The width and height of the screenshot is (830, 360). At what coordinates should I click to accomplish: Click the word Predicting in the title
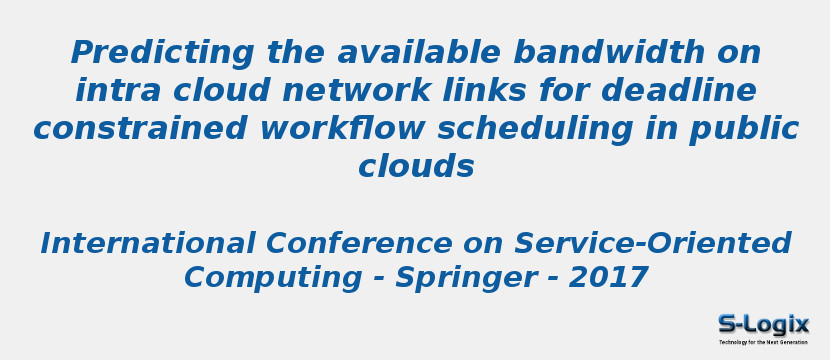coord(148,52)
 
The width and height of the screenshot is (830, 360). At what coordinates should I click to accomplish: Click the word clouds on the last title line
coord(416,166)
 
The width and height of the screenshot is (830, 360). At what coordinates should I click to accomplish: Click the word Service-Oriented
coord(653,243)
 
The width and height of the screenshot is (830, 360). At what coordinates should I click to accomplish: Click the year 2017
coord(609,277)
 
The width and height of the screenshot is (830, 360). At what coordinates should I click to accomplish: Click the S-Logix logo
coord(763,324)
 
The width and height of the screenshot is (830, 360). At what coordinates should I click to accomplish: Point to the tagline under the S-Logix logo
coord(763,342)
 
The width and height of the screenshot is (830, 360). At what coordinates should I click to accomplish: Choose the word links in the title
coord(543,90)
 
